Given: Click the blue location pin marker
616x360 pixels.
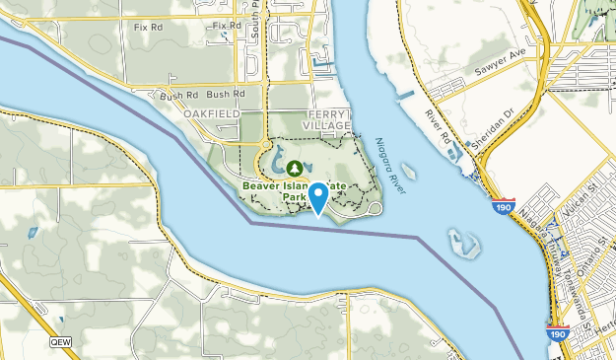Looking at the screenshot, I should click(318, 197).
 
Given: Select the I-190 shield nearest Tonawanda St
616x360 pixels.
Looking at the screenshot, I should click(558, 334).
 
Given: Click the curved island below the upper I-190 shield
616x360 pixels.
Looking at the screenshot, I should click(462, 242).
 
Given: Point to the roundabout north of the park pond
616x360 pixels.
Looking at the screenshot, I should click(264, 146).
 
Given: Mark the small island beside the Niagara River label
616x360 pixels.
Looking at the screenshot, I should click(409, 173).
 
